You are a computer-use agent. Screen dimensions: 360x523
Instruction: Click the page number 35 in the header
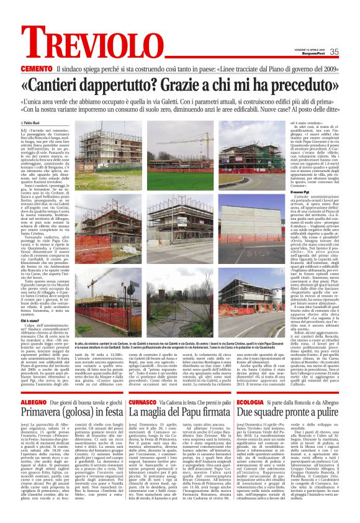pos(333,52)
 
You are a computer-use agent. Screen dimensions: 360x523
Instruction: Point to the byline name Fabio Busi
pos(51,124)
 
